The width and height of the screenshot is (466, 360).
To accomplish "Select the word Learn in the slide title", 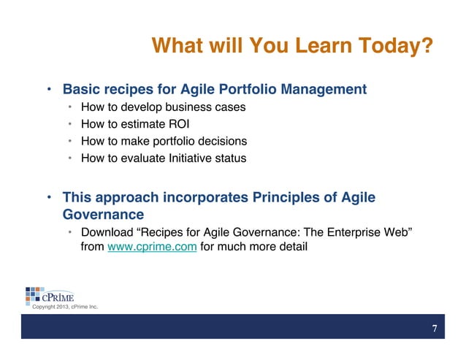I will click(x=310, y=47).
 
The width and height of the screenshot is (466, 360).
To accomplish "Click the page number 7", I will click(x=435, y=328).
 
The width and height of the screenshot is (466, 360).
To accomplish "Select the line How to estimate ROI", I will click(x=130, y=123).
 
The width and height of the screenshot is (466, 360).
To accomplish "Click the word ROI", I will click(x=168, y=123).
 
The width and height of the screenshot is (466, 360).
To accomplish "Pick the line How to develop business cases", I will click(x=163, y=107).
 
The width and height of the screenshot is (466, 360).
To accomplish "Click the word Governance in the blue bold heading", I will click(x=103, y=215).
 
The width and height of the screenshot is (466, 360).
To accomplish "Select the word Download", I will click(x=107, y=231).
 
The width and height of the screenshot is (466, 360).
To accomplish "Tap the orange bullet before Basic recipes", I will click(x=49, y=91).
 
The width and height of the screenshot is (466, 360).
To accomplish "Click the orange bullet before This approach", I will click(x=49, y=198).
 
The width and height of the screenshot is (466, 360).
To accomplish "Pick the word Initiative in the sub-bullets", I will click(x=197, y=157).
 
